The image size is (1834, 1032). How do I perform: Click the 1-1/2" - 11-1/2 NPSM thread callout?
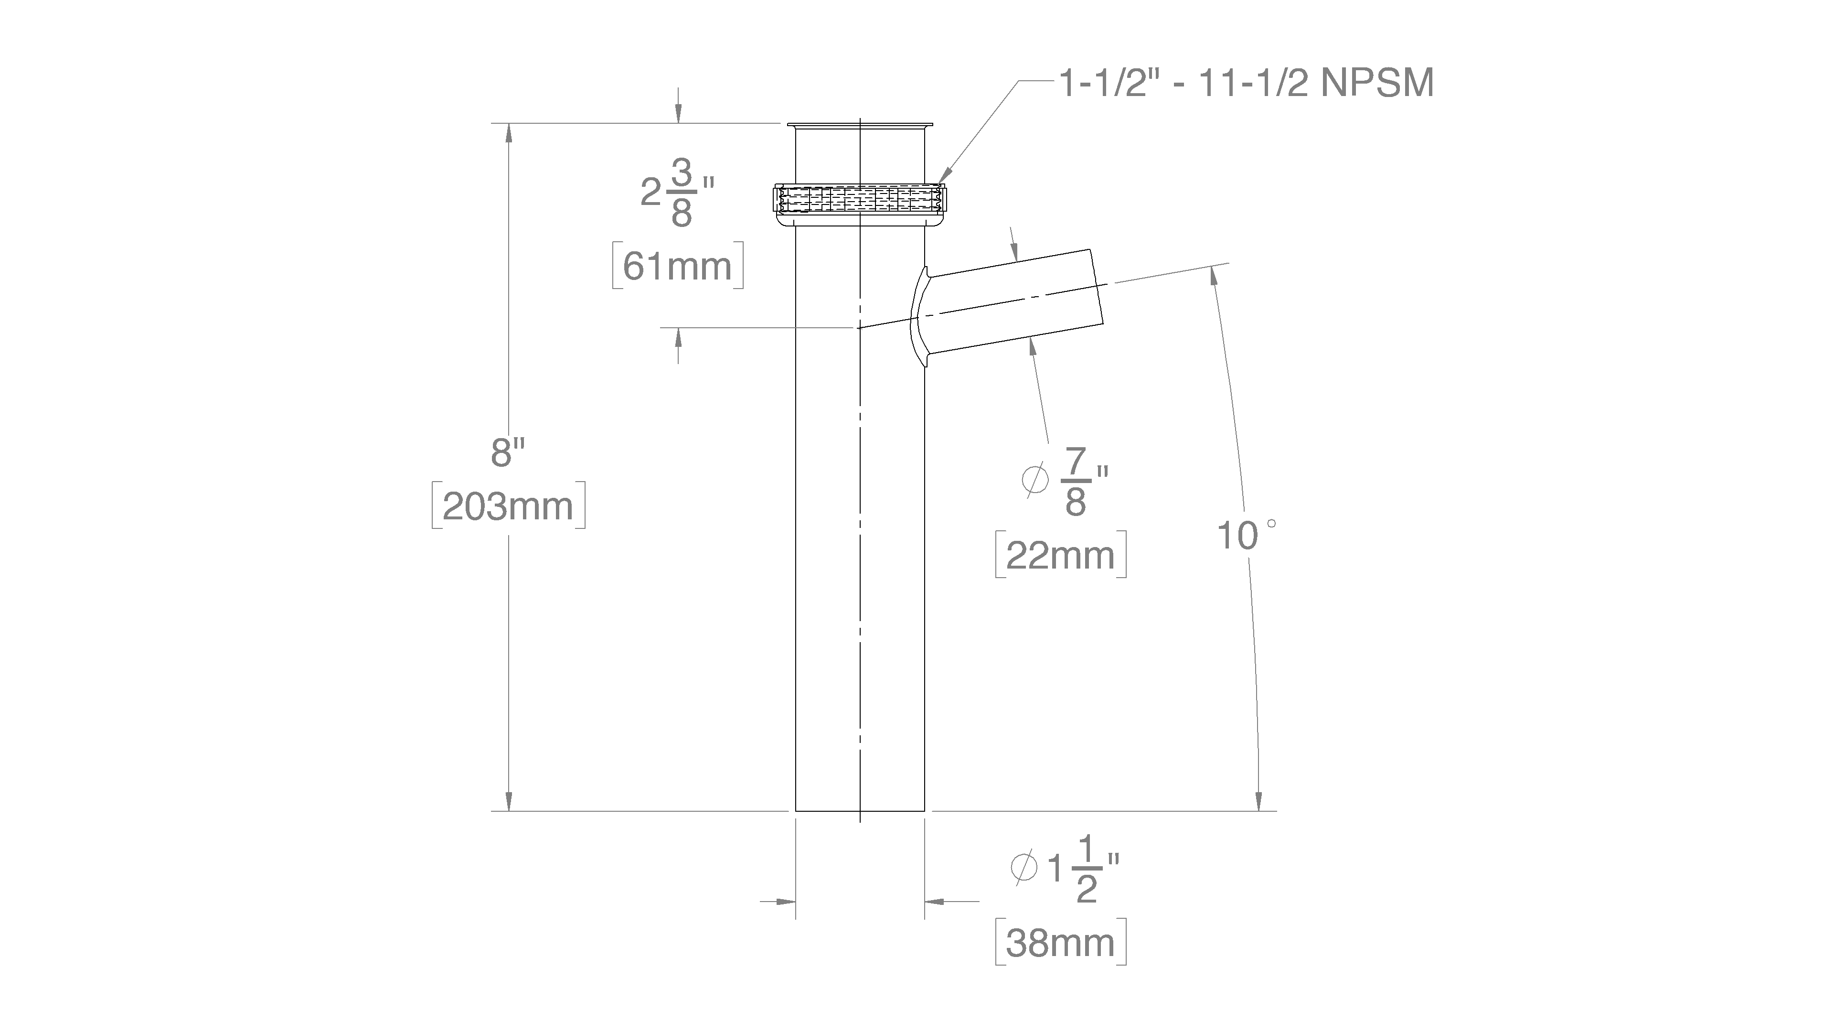point(1247,84)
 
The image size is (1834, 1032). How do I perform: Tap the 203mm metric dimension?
point(508,506)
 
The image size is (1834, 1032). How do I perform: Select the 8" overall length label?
point(508,452)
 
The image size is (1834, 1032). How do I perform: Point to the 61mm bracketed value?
point(678,266)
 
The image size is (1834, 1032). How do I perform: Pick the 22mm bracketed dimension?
point(1061,555)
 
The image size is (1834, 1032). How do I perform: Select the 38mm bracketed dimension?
point(1061,942)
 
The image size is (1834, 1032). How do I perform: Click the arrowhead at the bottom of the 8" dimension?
point(508,801)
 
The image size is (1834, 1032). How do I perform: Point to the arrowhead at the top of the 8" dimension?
point(508,134)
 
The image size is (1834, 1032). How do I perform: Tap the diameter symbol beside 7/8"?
point(1035,479)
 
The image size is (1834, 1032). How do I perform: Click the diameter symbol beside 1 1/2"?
point(1025,867)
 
